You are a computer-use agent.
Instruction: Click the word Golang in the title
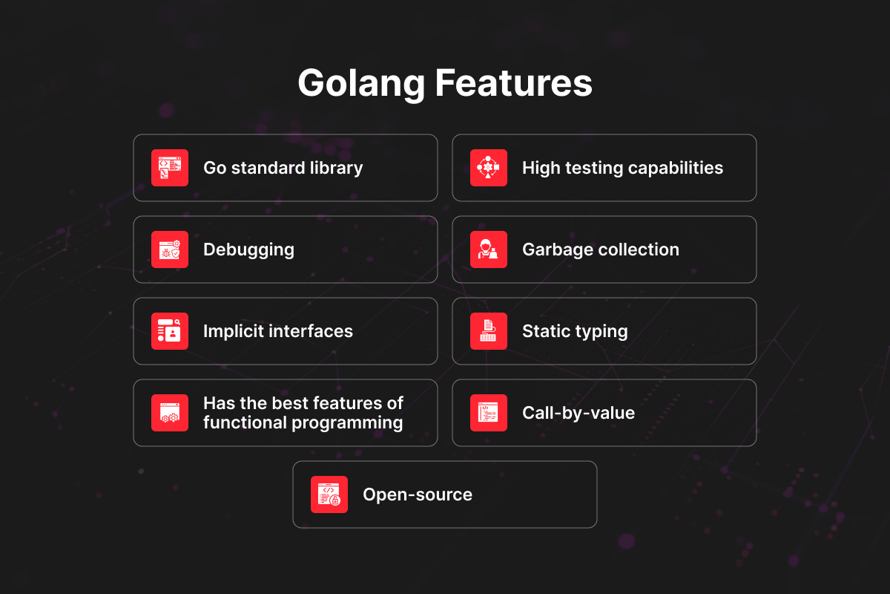tap(362, 84)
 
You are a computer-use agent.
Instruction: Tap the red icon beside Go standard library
tap(170, 168)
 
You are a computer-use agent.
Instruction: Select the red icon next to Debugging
tap(170, 249)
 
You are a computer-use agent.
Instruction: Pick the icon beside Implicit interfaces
tap(170, 331)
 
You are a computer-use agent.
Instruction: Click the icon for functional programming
tap(170, 413)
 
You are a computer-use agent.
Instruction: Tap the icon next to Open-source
tap(329, 495)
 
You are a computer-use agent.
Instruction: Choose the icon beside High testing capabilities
tap(489, 168)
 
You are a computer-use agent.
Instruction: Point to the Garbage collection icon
tap(489, 249)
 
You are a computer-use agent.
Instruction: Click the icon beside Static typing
tap(489, 331)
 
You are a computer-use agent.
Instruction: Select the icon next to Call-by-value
tap(489, 413)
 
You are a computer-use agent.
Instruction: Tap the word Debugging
tap(248, 250)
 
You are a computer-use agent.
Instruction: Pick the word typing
tap(603, 332)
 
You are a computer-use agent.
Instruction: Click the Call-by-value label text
tap(578, 414)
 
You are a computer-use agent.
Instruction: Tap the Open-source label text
tap(418, 495)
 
